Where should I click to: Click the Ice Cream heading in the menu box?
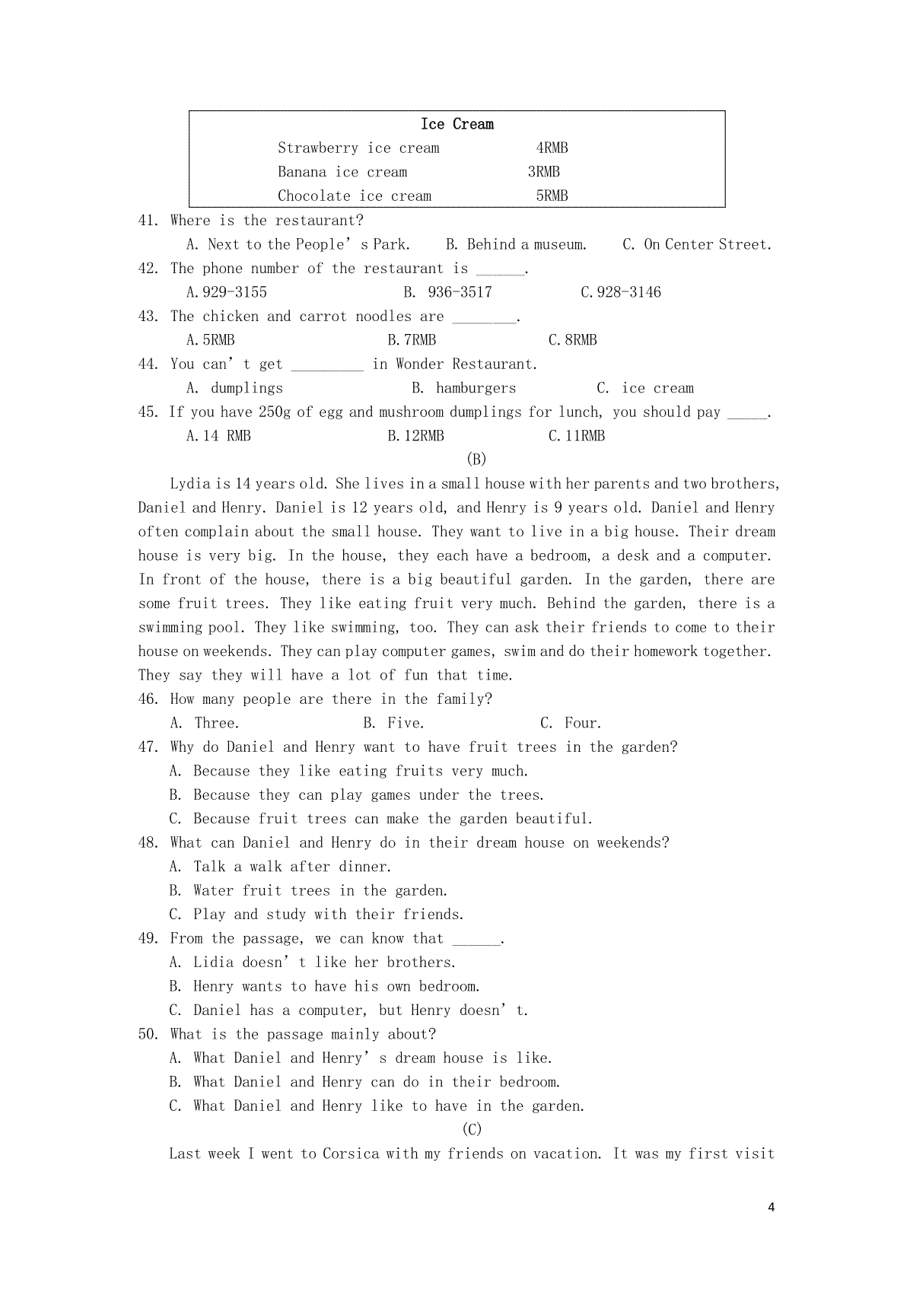[x=456, y=124]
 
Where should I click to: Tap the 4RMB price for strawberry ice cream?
[x=552, y=148]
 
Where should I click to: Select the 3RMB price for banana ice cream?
[x=543, y=172]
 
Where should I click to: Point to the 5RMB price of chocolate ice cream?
[x=552, y=196]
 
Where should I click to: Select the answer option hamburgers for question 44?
[x=476, y=388]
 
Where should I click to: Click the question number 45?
[x=148, y=412]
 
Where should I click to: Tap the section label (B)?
[x=475, y=459]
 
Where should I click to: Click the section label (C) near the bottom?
[x=472, y=1129]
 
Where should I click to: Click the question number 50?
[x=148, y=1034]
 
